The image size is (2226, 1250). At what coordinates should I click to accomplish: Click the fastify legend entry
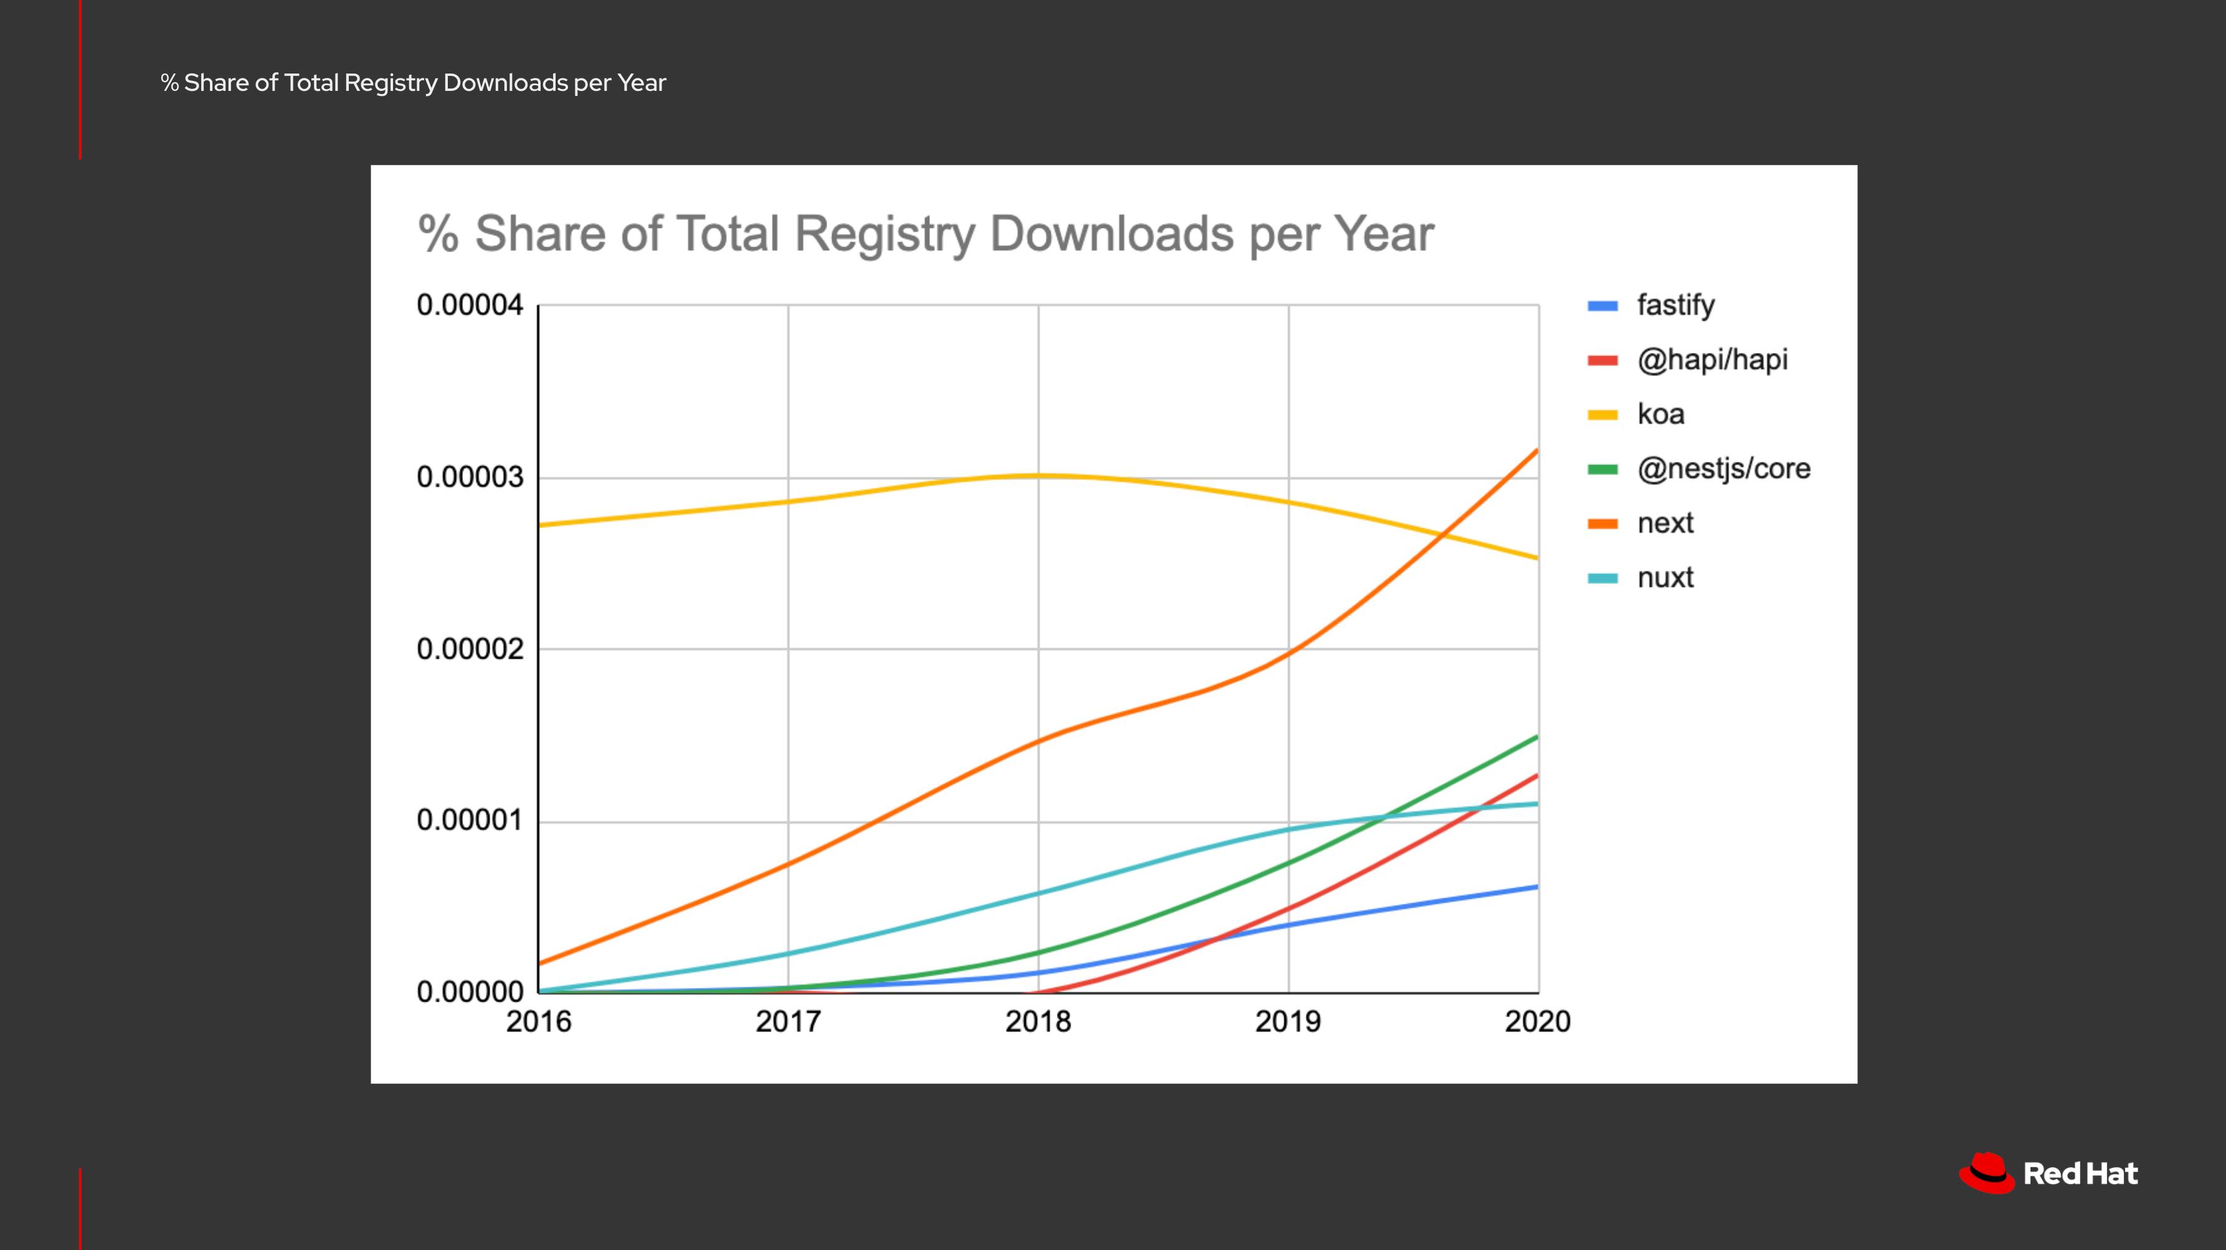pos(1675,305)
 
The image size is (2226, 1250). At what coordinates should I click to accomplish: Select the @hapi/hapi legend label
pos(1712,359)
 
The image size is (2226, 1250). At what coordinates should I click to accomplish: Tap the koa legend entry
pos(1660,414)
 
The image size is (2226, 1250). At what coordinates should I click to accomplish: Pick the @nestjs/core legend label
pos(1723,468)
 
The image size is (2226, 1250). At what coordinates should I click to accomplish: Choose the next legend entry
pos(1664,523)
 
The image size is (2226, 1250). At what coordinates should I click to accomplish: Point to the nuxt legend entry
pos(1664,577)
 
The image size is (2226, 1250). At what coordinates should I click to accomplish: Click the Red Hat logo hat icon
pos(1986,1173)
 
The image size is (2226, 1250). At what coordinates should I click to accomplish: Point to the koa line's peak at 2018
pos(1038,475)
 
